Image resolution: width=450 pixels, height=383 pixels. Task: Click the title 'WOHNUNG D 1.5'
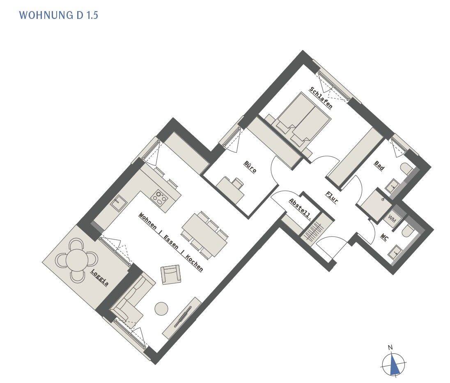59,15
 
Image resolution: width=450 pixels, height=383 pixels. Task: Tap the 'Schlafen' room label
321,98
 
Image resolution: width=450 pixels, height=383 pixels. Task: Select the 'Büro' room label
250,167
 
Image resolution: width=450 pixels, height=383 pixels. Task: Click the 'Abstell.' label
300,209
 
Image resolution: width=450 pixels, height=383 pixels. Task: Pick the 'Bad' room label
379,166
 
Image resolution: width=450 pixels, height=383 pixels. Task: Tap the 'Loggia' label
100,278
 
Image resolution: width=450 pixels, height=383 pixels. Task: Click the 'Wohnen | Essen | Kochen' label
170,242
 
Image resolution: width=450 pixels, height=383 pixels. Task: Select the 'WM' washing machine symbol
392,221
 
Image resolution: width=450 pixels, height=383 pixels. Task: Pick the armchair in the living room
171,274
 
